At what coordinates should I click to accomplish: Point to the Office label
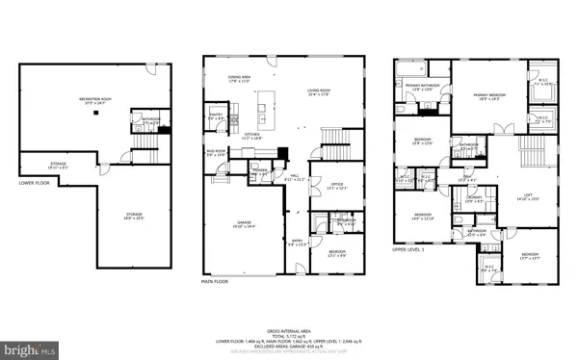pyautogui.click(x=336, y=186)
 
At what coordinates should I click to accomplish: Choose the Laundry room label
pyautogui.click(x=474, y=197)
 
